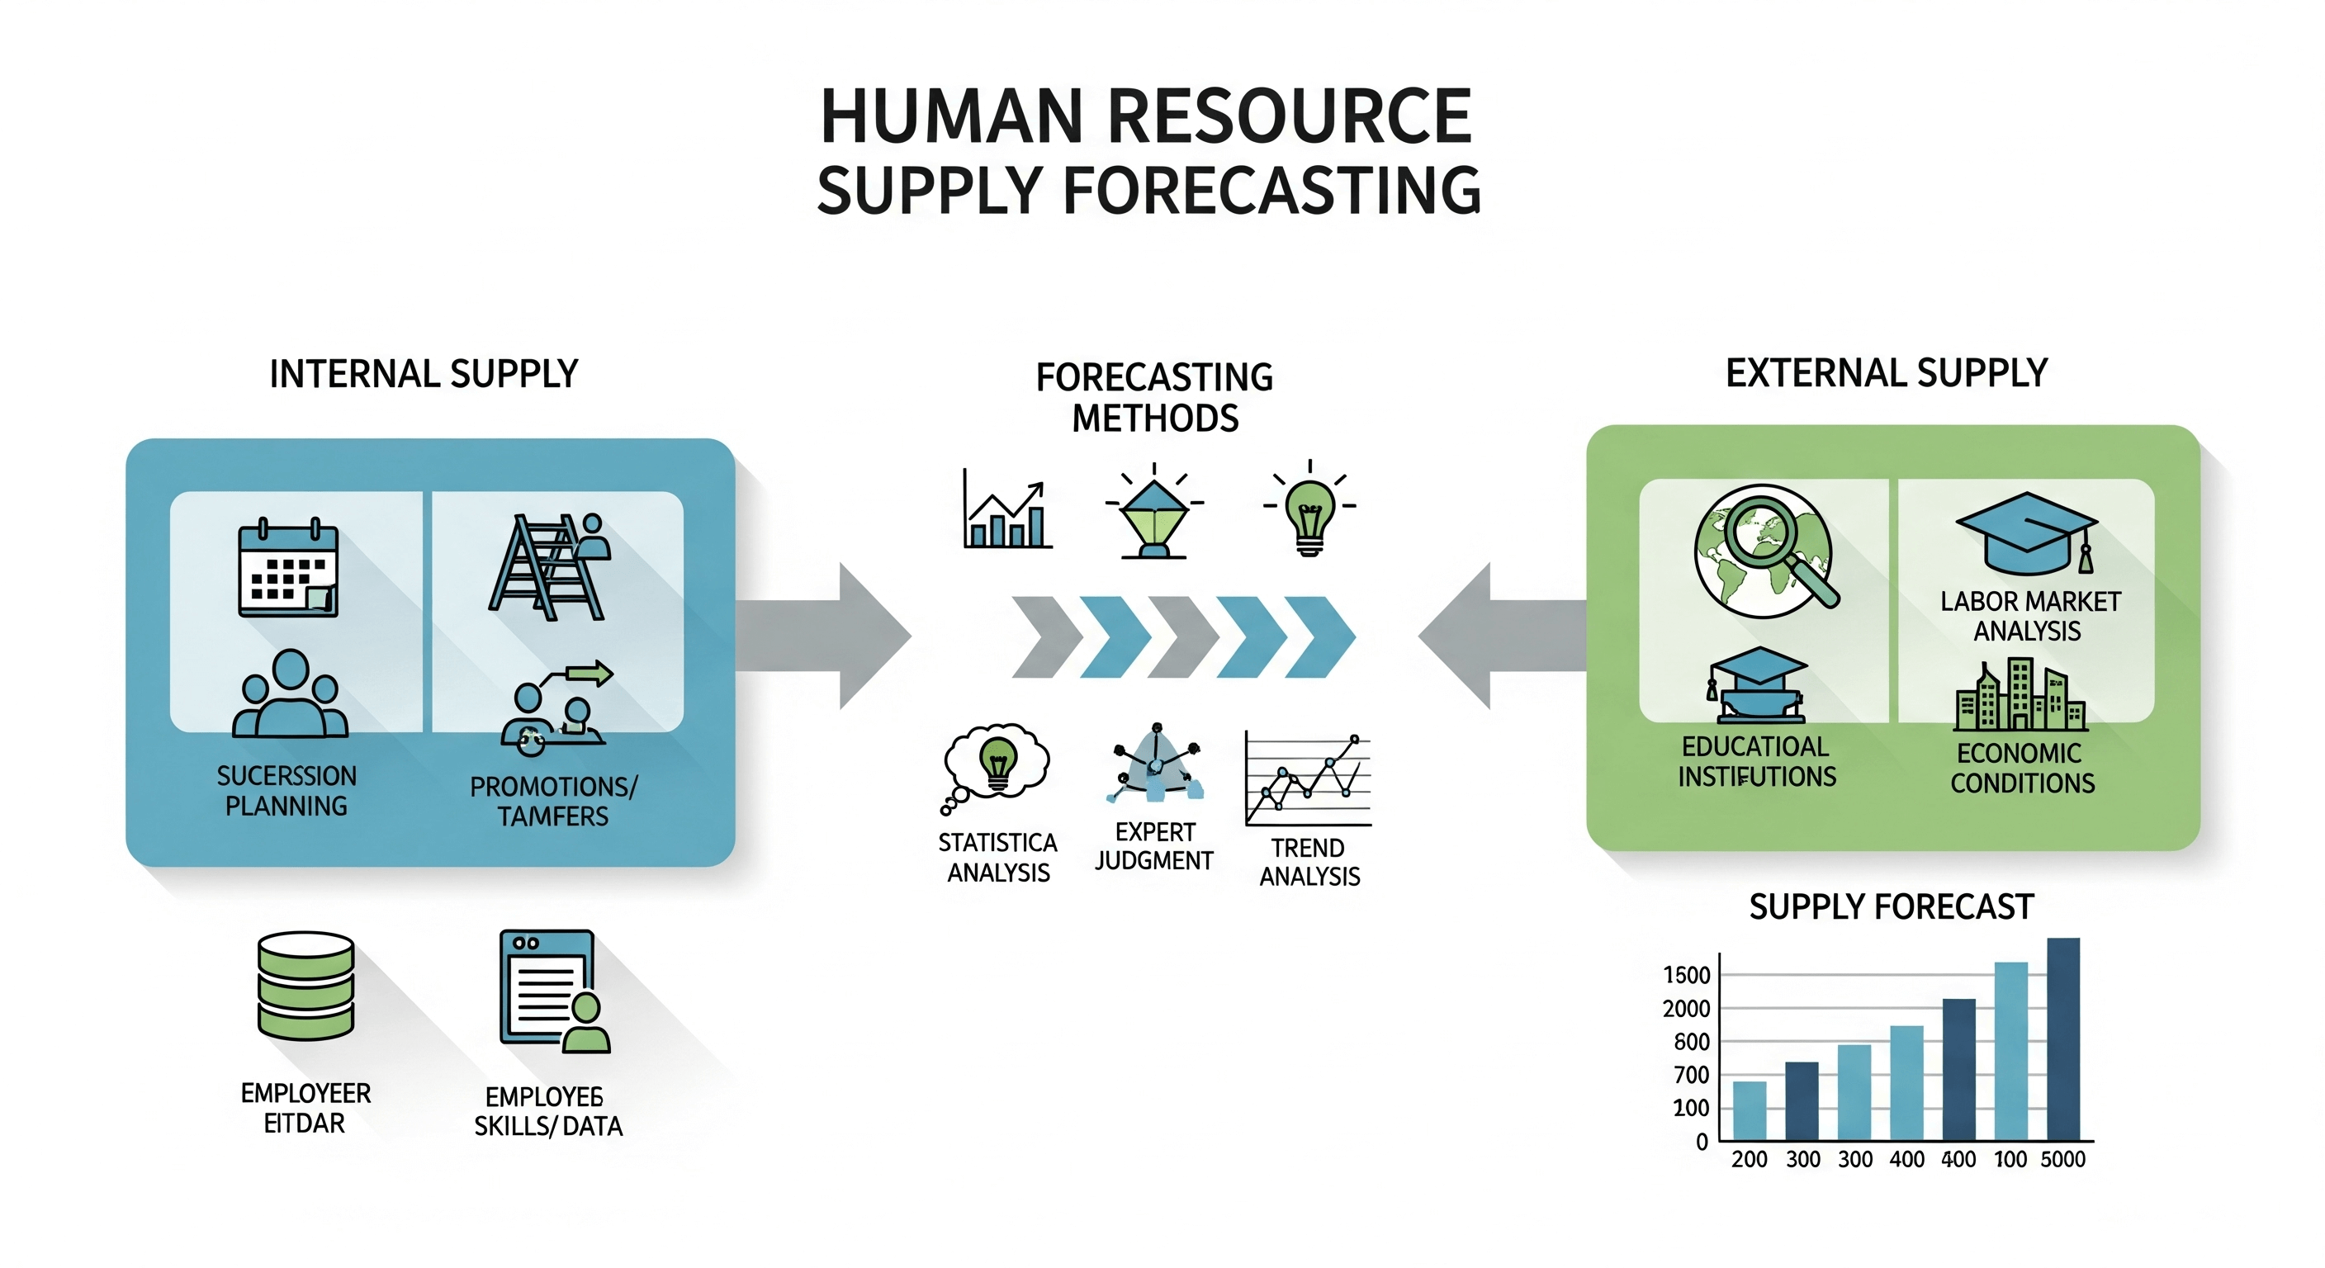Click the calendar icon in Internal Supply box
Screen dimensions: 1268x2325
pos(288,569)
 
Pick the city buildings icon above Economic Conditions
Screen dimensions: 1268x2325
pos(2020,696)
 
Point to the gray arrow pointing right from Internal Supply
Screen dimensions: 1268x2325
pos(822,636)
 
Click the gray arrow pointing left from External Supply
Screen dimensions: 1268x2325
pos(1503,636)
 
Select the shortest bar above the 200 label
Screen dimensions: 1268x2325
pos(1750,1110)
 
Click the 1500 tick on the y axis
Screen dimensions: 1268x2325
pos(1686,976)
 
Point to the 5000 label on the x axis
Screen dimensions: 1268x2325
pos(2062,1160)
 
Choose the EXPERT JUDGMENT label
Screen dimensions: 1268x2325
pos(1153,845)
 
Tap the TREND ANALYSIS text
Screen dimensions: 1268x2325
pos(1309,862)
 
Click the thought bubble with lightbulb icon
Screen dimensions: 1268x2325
pos(996,763)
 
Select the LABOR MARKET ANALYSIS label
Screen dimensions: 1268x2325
pos(2029,616)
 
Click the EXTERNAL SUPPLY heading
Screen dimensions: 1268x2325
pos(1887,373)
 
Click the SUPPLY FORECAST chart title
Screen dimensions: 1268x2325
pos(1891,906)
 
